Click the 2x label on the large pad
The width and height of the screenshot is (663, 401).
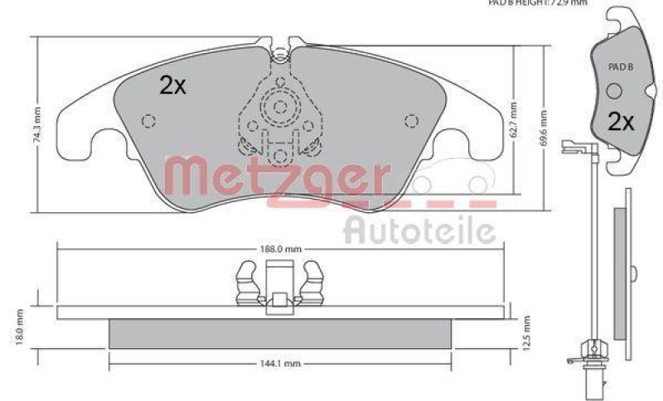172,85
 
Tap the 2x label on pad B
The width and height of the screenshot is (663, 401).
620,122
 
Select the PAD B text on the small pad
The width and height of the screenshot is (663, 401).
619,66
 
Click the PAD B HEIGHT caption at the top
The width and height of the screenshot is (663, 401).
538,3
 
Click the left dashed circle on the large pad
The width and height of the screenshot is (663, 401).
149,121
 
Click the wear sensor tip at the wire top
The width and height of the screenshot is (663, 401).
570,149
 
